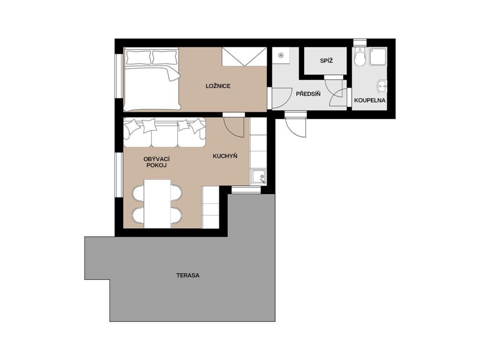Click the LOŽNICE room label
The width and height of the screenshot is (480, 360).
click(218, 86)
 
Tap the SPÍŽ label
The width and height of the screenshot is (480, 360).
click(326, 60)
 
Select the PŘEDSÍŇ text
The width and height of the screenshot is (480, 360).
click(308, 94)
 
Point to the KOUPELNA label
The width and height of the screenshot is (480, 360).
click(369, 100)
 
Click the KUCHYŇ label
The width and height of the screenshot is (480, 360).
click(225, 156)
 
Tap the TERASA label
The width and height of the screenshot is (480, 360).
click(187, 275)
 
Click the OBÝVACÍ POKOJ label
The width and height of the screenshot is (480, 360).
click(157, 162)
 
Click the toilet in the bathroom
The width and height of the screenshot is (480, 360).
click(360, 56)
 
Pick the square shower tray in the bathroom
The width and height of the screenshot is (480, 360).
click(378, 56)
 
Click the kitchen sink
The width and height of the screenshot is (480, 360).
click(258, 177)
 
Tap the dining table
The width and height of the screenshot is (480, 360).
click(157, 204)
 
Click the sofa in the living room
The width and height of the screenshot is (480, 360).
click(164, 133)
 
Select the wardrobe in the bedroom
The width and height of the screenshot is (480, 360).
click(244, 57)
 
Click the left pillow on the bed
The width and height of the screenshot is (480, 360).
click(138, 57)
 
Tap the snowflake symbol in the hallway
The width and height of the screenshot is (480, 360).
click(281, 55)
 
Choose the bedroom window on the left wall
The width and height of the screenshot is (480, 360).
click(119, 76)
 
